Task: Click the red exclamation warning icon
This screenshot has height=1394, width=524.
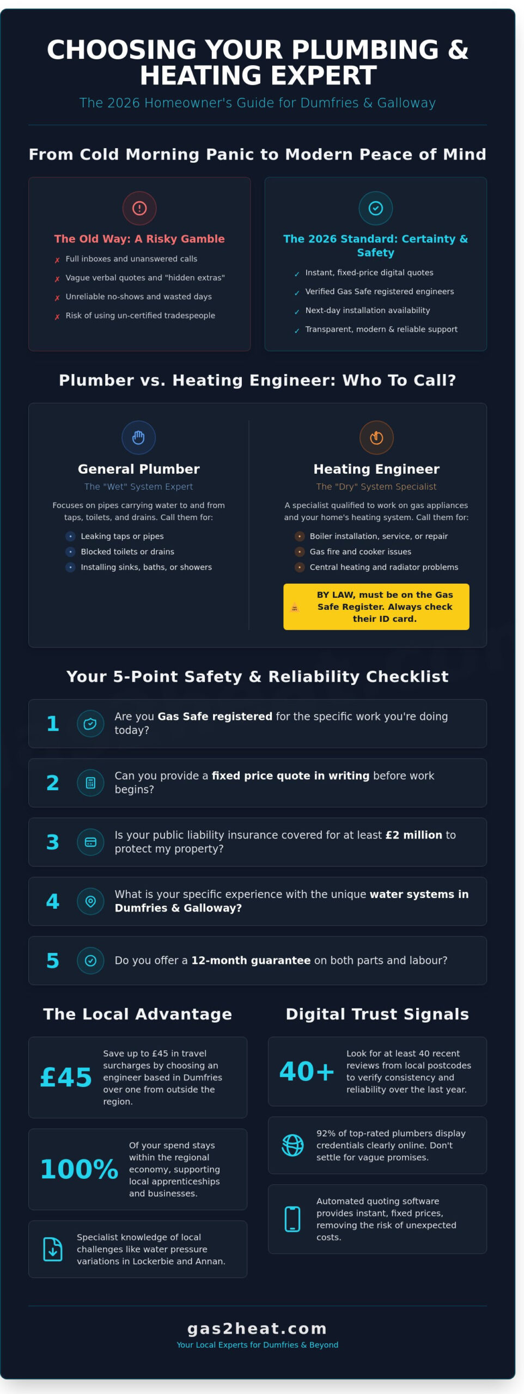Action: (x=139, y=208)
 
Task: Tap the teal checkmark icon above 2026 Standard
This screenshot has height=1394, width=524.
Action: (x=375, y=208)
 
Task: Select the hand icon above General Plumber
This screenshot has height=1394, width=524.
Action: (x=138, y=437)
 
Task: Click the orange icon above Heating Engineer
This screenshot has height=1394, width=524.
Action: (x=376, y=437)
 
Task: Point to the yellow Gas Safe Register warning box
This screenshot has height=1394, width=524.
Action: (x=376, y=607)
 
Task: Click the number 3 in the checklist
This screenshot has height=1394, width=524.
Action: (x=52, y=842)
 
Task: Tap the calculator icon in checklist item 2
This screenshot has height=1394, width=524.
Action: (x=90, y=782)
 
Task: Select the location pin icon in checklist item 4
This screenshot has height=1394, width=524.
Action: (x=90, y=901)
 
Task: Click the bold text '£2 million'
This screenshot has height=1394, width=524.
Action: (x=413, y=835)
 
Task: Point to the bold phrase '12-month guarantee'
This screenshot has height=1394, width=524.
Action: (x=251, y=961)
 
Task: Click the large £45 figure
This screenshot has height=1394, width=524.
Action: (x=66, y=1077)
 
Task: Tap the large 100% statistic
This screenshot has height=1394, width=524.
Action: (x=79, y=1169)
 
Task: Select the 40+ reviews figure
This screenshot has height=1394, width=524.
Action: (x=307, y=1071)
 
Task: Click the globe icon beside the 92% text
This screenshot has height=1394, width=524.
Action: (x=293, y=1145)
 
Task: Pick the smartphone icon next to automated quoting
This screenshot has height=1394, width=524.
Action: (x=293, y=1219)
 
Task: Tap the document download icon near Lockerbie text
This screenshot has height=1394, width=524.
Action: (x=53, y=1249)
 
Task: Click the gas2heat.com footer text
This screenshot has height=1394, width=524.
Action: (x=257, y=1329)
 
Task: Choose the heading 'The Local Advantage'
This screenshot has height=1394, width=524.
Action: (x=137, y=1014)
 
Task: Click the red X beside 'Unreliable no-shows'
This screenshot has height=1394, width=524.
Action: (x=57, y=298)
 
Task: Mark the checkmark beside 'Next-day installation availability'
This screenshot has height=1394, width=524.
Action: (x=297, y=311)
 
